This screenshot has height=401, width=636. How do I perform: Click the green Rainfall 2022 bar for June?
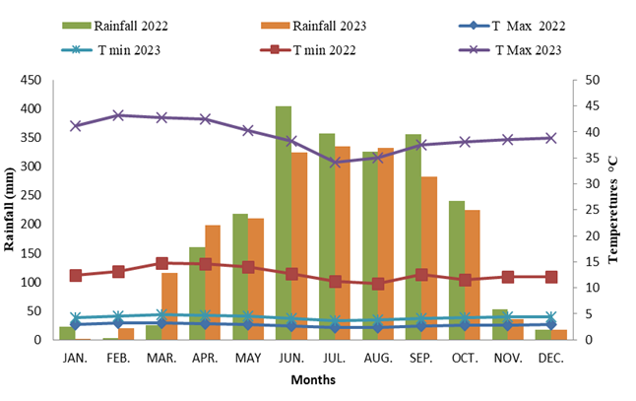click(x=284, y=223)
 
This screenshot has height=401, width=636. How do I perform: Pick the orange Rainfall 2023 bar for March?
click(x=169, y=306)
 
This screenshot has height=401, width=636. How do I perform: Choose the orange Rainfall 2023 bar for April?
click(x=213, y=282)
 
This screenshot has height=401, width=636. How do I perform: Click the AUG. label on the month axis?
click(x=378, y=358)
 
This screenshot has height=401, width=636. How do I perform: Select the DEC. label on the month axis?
click(x=551, y=358)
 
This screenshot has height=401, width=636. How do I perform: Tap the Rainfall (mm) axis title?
click(x=11, y=209)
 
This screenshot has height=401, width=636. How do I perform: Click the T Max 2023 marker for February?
click(x=118, y=115)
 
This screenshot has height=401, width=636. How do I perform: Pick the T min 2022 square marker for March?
click(x=161, y=263)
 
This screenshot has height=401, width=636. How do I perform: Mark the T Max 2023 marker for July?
click(x=335, y=162)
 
